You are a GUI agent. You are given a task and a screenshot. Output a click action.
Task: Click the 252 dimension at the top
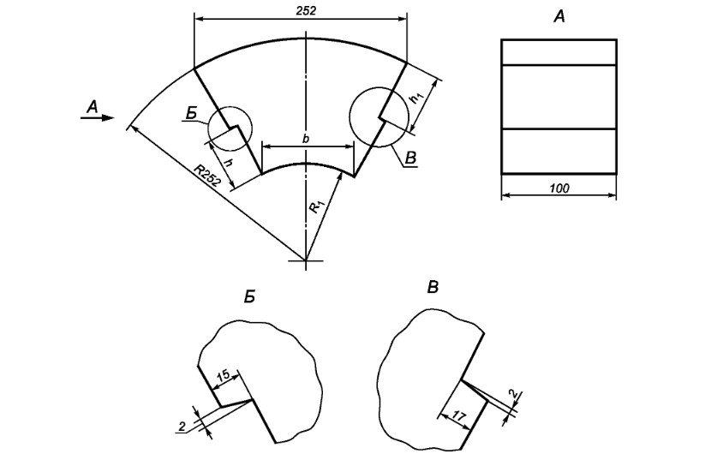(306, 11)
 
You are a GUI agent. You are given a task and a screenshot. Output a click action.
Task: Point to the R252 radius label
(207, 176)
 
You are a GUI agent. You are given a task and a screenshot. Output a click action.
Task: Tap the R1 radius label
(316, 206)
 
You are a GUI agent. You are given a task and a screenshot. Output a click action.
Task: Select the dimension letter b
(306, 139)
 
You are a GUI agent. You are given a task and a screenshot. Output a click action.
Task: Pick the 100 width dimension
(559, 188)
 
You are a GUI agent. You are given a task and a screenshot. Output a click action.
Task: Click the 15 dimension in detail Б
(224, 375)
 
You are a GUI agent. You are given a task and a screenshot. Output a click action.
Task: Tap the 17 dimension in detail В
(459, 417)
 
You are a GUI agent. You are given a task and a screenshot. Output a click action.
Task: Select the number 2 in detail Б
(182, 427)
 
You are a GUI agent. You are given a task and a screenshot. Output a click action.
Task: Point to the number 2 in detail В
(514, 394)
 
